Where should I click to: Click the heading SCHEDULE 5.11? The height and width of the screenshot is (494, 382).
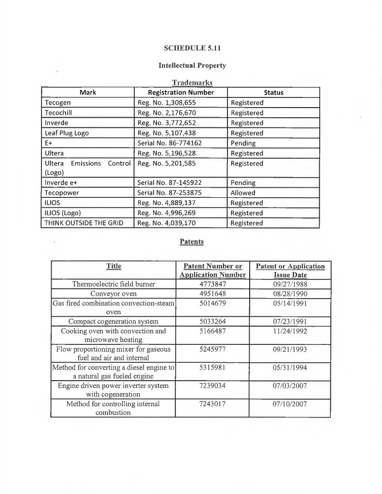[x=191, y=48]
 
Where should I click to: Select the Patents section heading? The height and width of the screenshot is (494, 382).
[x=191, y=241]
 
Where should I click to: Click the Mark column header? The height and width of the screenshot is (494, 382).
[x=87, y=93]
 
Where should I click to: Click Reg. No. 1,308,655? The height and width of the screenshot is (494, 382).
[x=167, y=103]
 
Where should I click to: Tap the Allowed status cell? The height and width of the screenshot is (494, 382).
[x=243, y=193]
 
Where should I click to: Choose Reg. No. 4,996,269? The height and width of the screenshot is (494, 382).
[x=167, y=213]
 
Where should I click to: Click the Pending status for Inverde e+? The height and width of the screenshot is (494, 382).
[x=243, y=183]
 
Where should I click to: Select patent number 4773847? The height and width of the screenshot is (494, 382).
[x=212, y=284]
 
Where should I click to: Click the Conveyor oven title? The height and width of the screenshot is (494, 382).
[x=113, y=294]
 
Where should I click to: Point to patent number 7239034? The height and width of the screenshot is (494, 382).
[x=212, y=386]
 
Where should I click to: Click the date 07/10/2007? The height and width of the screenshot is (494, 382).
[x=290, y=404]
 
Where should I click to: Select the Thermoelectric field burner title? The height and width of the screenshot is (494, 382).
[x=113, y=284]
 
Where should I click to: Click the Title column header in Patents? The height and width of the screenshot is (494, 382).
[x=113, y=266]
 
